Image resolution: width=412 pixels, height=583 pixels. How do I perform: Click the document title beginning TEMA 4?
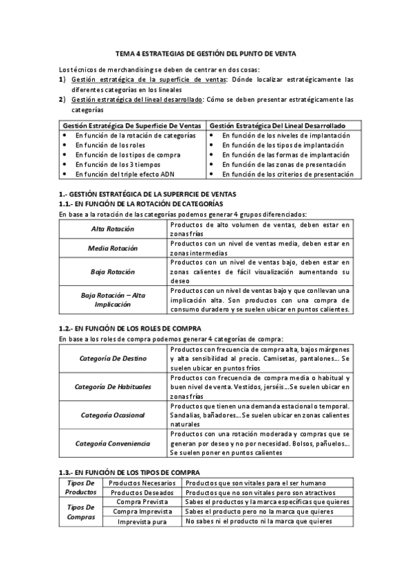tap(206, 53)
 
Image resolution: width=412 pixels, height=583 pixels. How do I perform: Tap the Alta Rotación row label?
tap(113, 228)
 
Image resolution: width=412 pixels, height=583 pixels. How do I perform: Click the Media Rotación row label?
tap(113, 247)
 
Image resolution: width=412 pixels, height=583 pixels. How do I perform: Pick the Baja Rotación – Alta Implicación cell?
tap(113, 299)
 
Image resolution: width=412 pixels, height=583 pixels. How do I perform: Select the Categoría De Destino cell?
tap(113, 358)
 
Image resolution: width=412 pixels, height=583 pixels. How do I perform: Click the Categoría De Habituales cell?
tap(113, 386)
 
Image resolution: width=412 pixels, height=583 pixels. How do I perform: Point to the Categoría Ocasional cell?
tap(113, 415)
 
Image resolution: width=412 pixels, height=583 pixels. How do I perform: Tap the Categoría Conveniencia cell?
tap(113, 443)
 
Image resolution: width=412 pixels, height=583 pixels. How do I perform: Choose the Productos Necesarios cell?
tap(143, 483)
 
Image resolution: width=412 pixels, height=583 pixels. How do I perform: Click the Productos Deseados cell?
tap(143, 492)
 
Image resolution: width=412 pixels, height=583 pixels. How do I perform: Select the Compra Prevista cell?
tap(143, 502)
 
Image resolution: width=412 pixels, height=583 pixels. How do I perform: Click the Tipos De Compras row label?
tap(81, 511)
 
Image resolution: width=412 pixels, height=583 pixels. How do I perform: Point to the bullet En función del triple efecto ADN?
tap(124, 174)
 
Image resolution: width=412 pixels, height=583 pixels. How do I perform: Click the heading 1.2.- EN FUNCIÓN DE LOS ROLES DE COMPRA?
tap(129, 329)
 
